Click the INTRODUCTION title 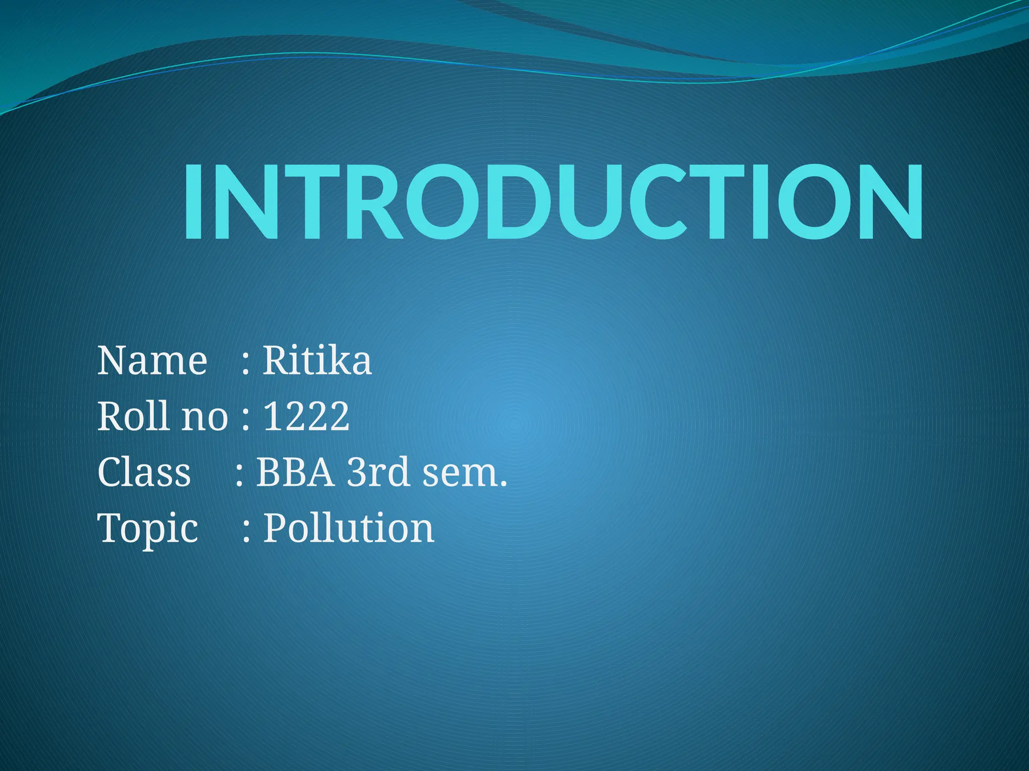[553, 202]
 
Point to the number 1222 [306, 416]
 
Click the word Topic [148, 529]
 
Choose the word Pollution [349, 528]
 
